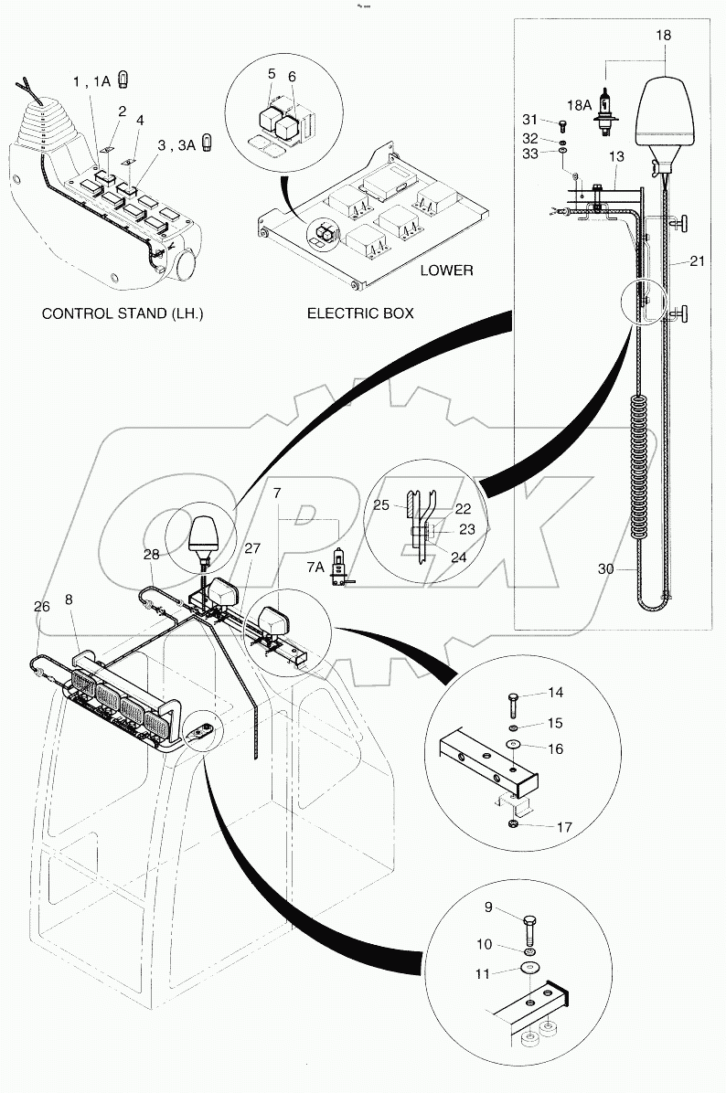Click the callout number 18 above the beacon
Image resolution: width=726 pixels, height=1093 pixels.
[663, 36]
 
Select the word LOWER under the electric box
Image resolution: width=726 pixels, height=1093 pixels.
[446, 270]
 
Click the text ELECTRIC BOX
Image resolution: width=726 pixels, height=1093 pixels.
[359, 313]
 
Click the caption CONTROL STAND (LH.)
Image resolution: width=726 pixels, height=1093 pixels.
[123, 313]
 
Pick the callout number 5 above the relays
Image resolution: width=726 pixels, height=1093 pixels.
[272, 73]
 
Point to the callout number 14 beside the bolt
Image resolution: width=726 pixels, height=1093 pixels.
[555, 695]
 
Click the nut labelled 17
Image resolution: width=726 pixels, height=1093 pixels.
[514, 826]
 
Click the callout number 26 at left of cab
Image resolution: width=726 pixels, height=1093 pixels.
[42, 606]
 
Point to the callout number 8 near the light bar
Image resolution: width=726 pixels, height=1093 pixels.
[70, 600]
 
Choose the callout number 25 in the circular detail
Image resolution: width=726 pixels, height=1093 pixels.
[407, 504]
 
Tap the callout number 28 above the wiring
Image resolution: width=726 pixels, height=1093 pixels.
[151, 555]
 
